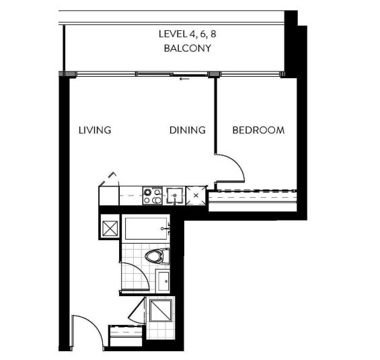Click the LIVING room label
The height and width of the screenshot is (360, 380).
click(95, 130)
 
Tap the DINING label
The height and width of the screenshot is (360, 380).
click(188, 130)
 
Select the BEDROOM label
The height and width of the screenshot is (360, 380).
click(258, 130)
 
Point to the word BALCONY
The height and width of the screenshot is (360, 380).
click(188, 48)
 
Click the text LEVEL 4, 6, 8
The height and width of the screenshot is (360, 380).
click(188, 34)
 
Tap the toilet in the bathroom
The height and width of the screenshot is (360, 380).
click(157, 256)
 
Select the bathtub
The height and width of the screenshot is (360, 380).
click(146, 228)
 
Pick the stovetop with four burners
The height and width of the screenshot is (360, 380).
click(153, 196)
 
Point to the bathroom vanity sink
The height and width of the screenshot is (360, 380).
click(163, 281)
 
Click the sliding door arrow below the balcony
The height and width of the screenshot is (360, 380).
click(184, 79)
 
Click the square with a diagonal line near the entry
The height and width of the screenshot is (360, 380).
click(161, 311)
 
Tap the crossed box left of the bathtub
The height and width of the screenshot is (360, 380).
click(110, 228)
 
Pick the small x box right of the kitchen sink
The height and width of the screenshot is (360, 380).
click(196, 195)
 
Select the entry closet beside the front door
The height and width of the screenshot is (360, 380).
click(126, 336)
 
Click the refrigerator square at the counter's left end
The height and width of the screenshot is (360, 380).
click(109, 196)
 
